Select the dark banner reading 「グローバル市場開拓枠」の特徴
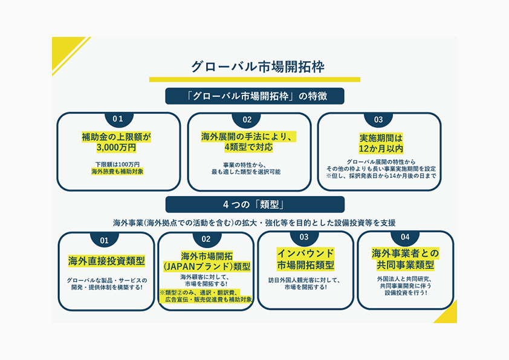coord(254,96)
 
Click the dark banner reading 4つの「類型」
coord(254,204)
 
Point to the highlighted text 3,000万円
coord(116,148)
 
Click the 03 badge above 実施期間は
coord(379,120)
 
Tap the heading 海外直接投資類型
coord(106,261)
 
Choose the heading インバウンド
coord(305,253)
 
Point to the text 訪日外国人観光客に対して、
coord(305,280)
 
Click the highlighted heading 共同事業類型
coord(404,265)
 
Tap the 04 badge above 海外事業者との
coord(404,237)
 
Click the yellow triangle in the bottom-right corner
coord(449,313)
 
